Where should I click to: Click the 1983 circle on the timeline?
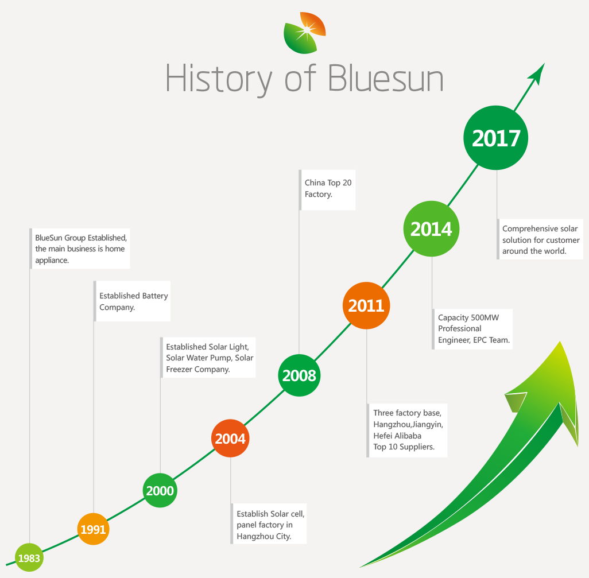coord(29,558)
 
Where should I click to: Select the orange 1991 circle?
coord(93,529)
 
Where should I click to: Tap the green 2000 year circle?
coord(160,491)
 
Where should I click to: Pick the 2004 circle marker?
coord(230,439)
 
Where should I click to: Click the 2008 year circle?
coord(299,375)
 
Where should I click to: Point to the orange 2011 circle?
coord(366,305)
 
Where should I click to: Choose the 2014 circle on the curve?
coord(431,228)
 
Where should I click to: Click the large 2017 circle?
coord(496,138)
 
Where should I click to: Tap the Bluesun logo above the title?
coord(305,33)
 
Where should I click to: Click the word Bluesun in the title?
coord(386,78)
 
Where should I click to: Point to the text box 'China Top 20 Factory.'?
coord(327,189)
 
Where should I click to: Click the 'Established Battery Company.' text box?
coord(132,301)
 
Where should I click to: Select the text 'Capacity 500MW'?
coord(468,317)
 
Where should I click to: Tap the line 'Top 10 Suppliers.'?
coord(404,447)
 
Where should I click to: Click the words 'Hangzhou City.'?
coord(263,536)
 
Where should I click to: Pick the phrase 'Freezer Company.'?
coord(198,369)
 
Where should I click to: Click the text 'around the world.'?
coord(534,251)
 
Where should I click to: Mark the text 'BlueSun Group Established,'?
coord(81,238)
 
